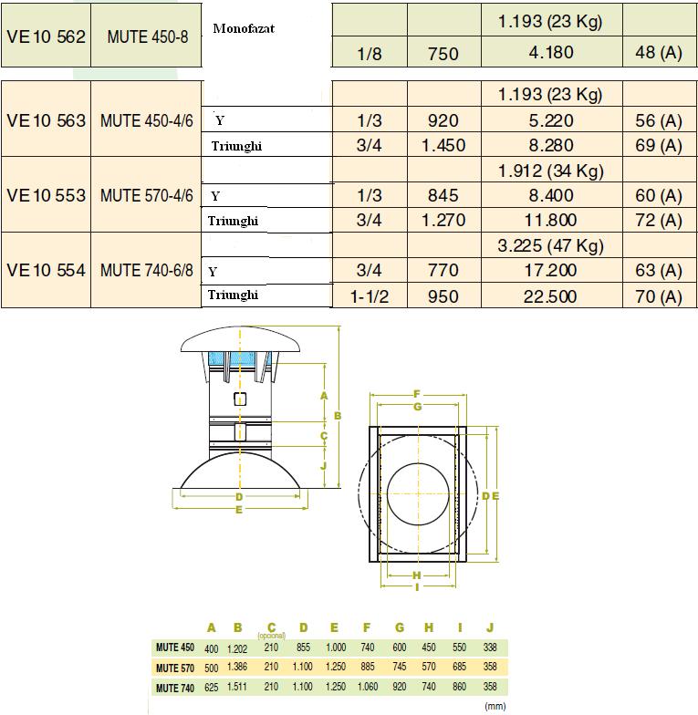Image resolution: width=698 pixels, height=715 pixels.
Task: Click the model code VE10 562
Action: [46, 37]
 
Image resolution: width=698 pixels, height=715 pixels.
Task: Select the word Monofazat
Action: [244, 28]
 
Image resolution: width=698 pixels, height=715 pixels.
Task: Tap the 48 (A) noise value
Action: [658, 53]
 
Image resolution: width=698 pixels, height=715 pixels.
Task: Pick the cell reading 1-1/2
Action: [369, 296]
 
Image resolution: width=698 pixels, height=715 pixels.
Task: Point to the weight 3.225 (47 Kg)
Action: [549, 246]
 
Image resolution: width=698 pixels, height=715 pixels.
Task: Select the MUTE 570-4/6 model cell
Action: [145, 195]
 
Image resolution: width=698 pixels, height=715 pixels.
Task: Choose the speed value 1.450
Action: [443, 145]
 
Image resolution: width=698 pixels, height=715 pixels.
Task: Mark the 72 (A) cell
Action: [658, 221]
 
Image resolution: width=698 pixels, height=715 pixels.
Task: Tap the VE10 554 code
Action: [46, 271]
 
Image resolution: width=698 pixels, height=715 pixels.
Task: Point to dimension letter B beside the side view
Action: [338, 415]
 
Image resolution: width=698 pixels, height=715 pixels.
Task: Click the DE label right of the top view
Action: [490, 495]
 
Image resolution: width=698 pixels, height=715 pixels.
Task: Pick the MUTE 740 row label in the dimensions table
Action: [174, 688]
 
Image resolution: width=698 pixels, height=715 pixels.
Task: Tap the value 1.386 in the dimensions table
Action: [238, 668]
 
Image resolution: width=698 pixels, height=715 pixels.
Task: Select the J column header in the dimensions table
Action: [490, 627]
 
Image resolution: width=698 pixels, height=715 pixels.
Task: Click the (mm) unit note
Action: [495, 705]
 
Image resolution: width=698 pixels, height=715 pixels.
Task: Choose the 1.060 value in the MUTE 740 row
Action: [367, 688]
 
